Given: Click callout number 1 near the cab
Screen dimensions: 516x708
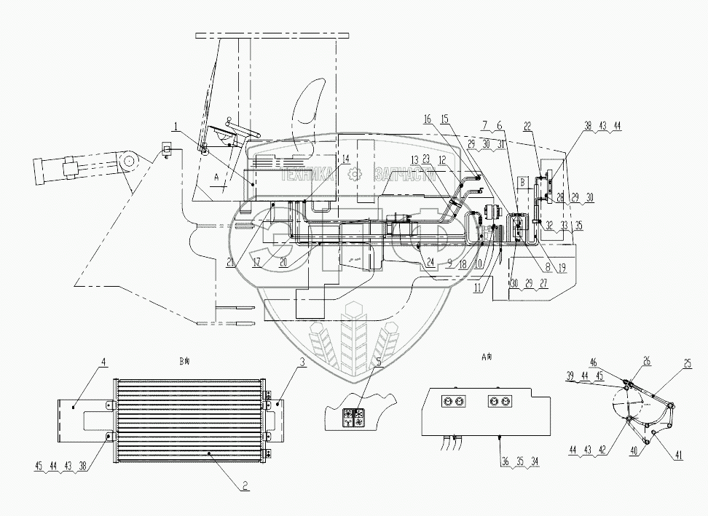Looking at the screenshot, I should pos(175,127).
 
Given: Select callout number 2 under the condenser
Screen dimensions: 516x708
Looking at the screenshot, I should pos(246,482).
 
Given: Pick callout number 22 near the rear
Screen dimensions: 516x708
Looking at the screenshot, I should pos(527,127).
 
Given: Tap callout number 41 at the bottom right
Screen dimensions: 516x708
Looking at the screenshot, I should pos(679,456).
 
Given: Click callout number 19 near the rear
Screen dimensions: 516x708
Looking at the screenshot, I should pos(561,268).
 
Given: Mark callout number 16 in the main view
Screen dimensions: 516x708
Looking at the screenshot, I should pos(427,118).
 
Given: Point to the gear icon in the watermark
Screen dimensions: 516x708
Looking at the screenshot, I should pos(355,174).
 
